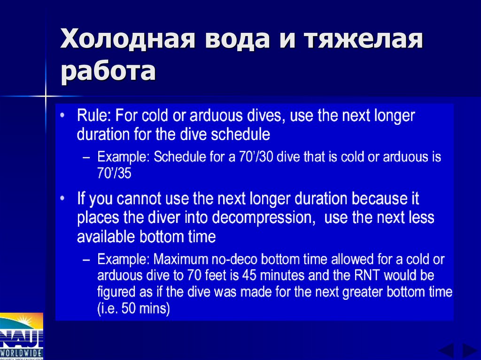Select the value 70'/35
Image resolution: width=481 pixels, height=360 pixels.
(114, 174)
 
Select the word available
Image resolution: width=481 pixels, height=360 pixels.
(107, 237)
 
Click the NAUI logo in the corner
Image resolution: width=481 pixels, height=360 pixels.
(22, 335)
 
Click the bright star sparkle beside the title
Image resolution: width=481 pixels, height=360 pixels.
(46, 97)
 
